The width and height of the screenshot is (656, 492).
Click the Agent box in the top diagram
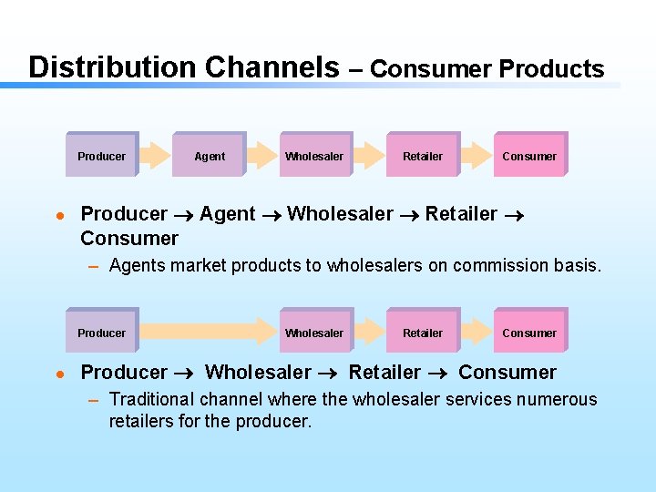210,156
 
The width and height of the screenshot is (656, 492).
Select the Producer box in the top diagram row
102,156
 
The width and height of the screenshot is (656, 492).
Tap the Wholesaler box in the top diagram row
314,156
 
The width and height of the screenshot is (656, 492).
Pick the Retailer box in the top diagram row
423,156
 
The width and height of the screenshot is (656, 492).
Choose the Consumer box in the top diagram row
529,156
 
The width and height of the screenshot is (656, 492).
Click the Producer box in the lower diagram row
102,333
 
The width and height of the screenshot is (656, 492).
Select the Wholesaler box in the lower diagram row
314,333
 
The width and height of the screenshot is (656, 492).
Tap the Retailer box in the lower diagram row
423,333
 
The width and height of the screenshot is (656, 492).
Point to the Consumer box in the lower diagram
529,333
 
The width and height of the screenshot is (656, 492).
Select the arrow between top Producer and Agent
156,156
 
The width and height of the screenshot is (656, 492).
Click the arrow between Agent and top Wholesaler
263,156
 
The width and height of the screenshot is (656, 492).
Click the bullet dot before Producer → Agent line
58,216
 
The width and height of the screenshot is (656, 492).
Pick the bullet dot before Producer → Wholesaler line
58,374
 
